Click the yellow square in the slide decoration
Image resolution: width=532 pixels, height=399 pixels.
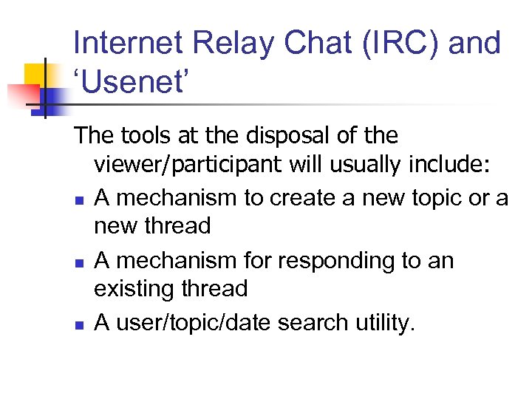coord(37,76)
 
